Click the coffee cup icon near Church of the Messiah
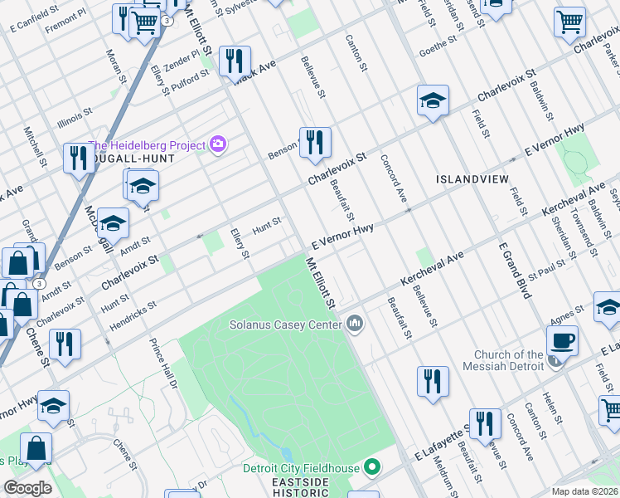tap(563, 339)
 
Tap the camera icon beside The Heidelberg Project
tap(218, 144)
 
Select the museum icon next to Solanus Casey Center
tap(356, 322)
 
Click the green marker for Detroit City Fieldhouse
tap(372, 468)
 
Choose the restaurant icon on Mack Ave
tap(235, 61)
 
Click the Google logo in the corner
tap(28, 487)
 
